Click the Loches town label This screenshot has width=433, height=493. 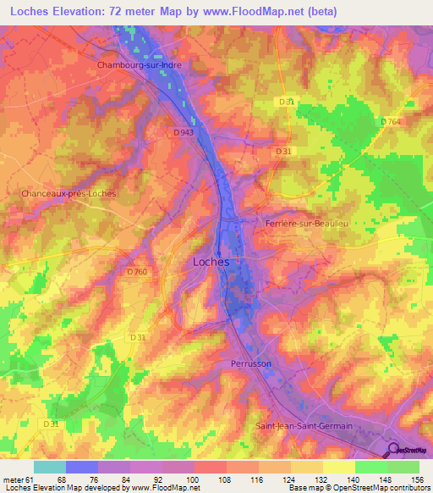coord(211,262)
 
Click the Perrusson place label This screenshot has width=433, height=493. coord(250,363)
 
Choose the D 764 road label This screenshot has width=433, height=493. coord(390,122)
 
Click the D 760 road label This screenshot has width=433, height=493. coord(137,271)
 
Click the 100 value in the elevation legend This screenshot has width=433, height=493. coord(194,479)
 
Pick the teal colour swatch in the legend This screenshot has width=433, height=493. coord(49,467)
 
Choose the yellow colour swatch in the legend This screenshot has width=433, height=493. coord(338,467)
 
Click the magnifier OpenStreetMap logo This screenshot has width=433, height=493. coord(394,451)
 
